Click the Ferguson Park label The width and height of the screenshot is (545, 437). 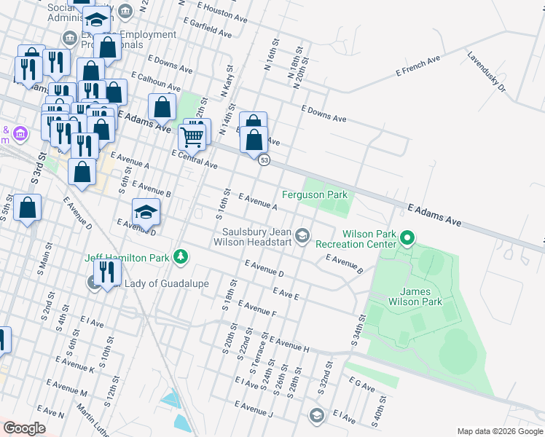pos(315,194)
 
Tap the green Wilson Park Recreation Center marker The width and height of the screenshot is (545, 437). pos(407,237)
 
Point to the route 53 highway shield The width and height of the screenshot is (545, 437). pos(264,160)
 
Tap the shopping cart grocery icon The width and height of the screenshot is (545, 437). pos(192,135)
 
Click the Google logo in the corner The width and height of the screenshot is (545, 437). pos(24,428)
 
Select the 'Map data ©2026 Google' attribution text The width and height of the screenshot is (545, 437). pos(499,431)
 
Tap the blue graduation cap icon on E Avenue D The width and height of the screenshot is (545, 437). pos(146,212)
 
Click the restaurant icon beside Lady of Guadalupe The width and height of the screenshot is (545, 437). pos(106,273)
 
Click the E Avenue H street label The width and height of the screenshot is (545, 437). pos(289,344)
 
